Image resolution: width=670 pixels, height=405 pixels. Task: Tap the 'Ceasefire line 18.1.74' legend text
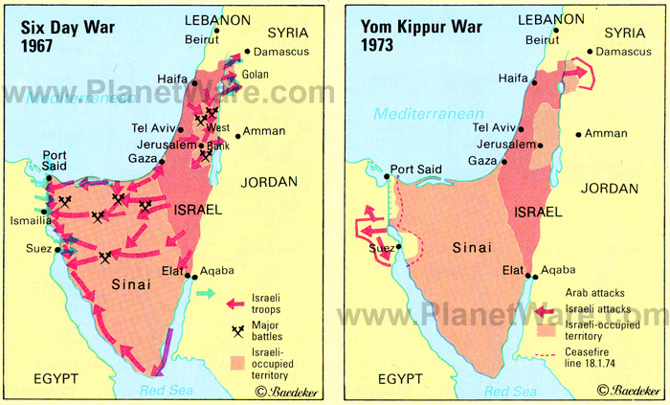coord(602,360)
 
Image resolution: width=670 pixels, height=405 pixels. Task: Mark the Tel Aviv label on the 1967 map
coord(152,128)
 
